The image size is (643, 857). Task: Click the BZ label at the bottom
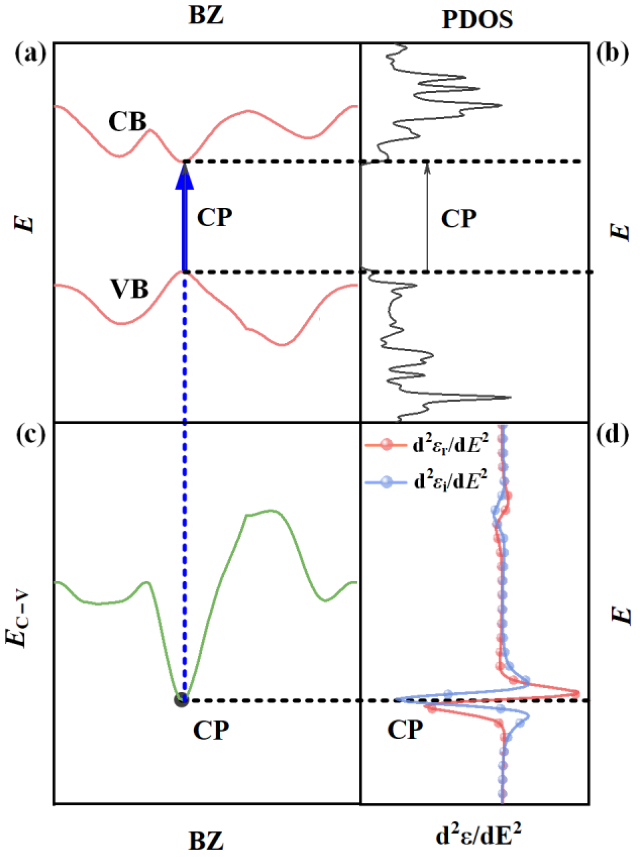[x=206, y=841]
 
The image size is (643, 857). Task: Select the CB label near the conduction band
[x=127, y=122]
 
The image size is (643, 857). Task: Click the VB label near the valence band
[x=130, y=289]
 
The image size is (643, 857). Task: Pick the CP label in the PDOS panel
[x=458, y=219]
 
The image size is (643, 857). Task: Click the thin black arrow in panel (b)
[x=427, y=217]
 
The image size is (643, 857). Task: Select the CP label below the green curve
[x=211, y=730]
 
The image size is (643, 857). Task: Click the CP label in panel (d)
[x=405, y=730]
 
